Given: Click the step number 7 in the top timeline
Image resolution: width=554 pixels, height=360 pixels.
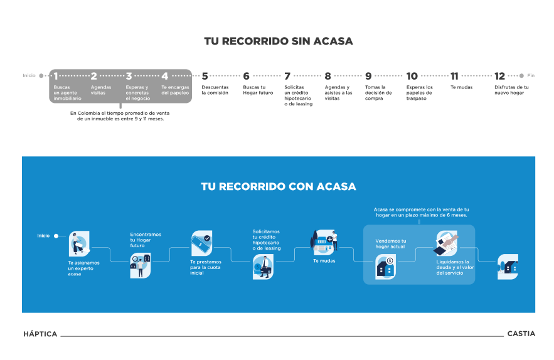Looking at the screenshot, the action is click(x=287, y=76).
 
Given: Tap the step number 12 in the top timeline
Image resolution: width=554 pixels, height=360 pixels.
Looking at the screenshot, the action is click(x=499, y=76).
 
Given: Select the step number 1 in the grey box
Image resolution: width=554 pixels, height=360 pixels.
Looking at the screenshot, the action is click(x=55, y=76).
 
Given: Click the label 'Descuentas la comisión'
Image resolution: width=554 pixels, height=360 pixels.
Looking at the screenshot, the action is click(x=215, y=90).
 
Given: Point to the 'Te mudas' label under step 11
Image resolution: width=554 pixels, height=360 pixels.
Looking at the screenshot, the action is click(x=461, y=87).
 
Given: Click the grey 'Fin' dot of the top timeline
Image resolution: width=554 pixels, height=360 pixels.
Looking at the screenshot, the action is click(x=521, y=76).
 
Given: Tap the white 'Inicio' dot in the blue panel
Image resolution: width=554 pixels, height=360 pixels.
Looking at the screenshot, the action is click(x=56, y=236).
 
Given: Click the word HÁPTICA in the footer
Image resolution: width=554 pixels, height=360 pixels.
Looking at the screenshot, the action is click(x=40, y=334).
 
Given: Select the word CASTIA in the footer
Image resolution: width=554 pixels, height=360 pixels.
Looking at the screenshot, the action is click(x=521, y=334).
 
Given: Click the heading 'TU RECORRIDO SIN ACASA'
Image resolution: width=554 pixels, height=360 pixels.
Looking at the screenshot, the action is click(x=279, y=41).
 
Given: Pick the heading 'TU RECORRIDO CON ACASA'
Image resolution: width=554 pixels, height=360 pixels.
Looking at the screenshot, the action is click(x=279, y=186).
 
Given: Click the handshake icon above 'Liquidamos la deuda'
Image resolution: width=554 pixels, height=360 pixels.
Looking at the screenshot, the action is click(x=447, y=243).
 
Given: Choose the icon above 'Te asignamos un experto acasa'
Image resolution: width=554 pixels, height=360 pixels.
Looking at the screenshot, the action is click(x=79, y=243).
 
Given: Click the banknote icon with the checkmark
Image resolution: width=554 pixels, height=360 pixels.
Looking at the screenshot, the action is click(x=202, y=243).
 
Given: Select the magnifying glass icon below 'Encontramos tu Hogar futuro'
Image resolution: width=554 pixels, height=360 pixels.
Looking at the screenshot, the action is click(x=141, y=265).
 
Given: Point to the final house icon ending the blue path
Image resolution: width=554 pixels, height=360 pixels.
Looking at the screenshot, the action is click(x=508, y=267).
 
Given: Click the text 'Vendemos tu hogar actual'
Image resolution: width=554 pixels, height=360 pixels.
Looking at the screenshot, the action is click(x=391, y=244).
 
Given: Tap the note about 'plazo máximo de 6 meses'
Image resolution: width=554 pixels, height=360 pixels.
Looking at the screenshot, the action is click(x=421, y=213).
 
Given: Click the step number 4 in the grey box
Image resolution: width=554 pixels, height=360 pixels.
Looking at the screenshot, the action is click(x=164, y=76).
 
